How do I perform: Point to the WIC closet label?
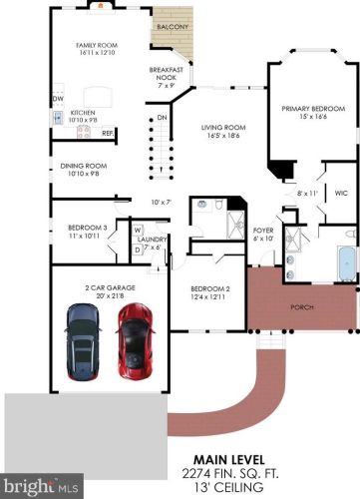coord(340,193)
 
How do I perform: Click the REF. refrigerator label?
coord(105,133)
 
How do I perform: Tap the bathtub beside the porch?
coord(345,262)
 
